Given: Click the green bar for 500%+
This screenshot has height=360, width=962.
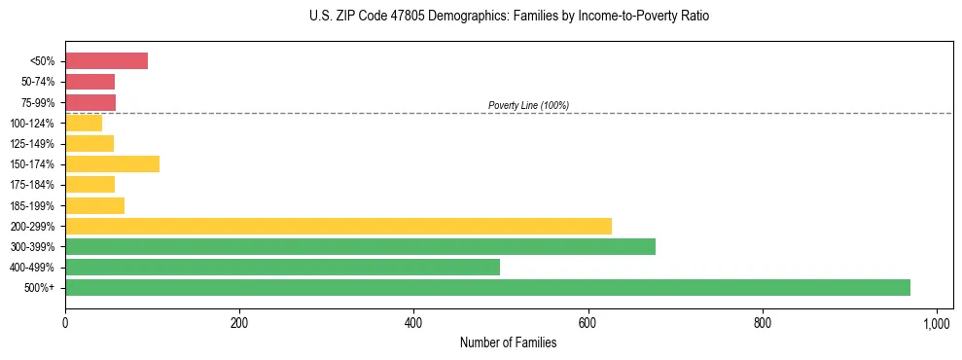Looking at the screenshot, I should point(487,288).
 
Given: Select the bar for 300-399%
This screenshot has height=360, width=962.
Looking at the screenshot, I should point(360,246).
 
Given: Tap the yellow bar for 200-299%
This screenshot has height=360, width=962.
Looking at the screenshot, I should point(338,226).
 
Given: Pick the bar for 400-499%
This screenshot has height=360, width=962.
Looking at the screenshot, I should point(282,268).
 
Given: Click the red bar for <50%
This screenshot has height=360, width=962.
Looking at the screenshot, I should point(106,61).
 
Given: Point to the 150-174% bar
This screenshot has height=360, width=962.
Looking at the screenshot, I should point(112,164).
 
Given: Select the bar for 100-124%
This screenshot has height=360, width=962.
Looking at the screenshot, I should point(84,124).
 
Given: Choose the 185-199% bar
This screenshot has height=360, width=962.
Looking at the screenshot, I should point(94,205).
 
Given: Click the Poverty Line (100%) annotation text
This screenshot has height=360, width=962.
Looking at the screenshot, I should point(528,105).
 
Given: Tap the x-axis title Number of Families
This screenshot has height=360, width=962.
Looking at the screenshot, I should point(508,342).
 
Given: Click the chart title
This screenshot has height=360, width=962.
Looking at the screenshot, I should point(509,17).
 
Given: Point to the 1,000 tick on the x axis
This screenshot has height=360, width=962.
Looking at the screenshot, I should point(937,322).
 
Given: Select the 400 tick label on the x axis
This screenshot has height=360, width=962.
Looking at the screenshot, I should point(413,322).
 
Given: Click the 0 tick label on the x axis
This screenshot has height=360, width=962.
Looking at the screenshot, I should point(65,322).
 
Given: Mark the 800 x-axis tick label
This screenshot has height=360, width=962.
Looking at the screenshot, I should point(763,322).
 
